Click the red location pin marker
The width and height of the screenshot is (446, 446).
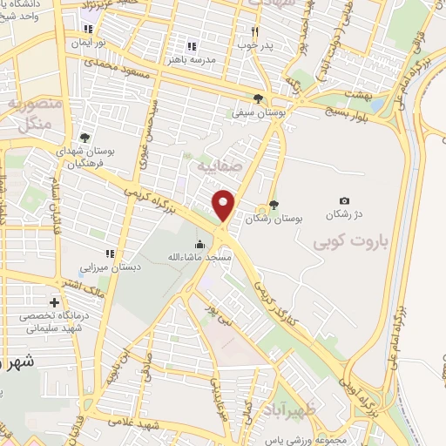point(225,205)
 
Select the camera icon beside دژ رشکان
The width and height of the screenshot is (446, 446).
point(344,201)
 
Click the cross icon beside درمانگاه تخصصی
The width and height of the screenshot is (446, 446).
point(55,302)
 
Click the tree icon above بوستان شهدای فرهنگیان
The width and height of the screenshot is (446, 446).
point(84,138)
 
